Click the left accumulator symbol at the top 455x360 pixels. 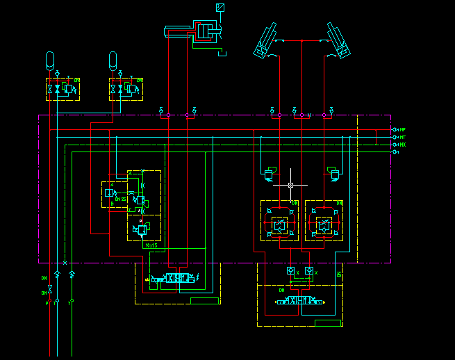[49, 60]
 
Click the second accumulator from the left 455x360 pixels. [113, 60]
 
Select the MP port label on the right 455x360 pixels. [402, 130]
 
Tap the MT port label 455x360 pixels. [402, 138]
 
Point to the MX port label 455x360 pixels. [402, 145]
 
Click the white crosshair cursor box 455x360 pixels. [291, 186]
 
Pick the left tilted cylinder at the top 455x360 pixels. [266, 40]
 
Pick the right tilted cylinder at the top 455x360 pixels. [338, 40]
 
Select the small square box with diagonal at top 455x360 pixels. [220, 8]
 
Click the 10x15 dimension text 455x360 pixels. [151, 245]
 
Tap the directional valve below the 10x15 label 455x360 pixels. [173, 278]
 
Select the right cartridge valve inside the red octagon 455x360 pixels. [324, 224]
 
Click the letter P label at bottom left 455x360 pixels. [47, 304]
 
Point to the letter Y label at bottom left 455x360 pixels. [69, 304]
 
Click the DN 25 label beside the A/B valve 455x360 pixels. [121, 199]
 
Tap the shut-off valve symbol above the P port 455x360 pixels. [49, 287]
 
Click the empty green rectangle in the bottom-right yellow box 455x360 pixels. [327, 322]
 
